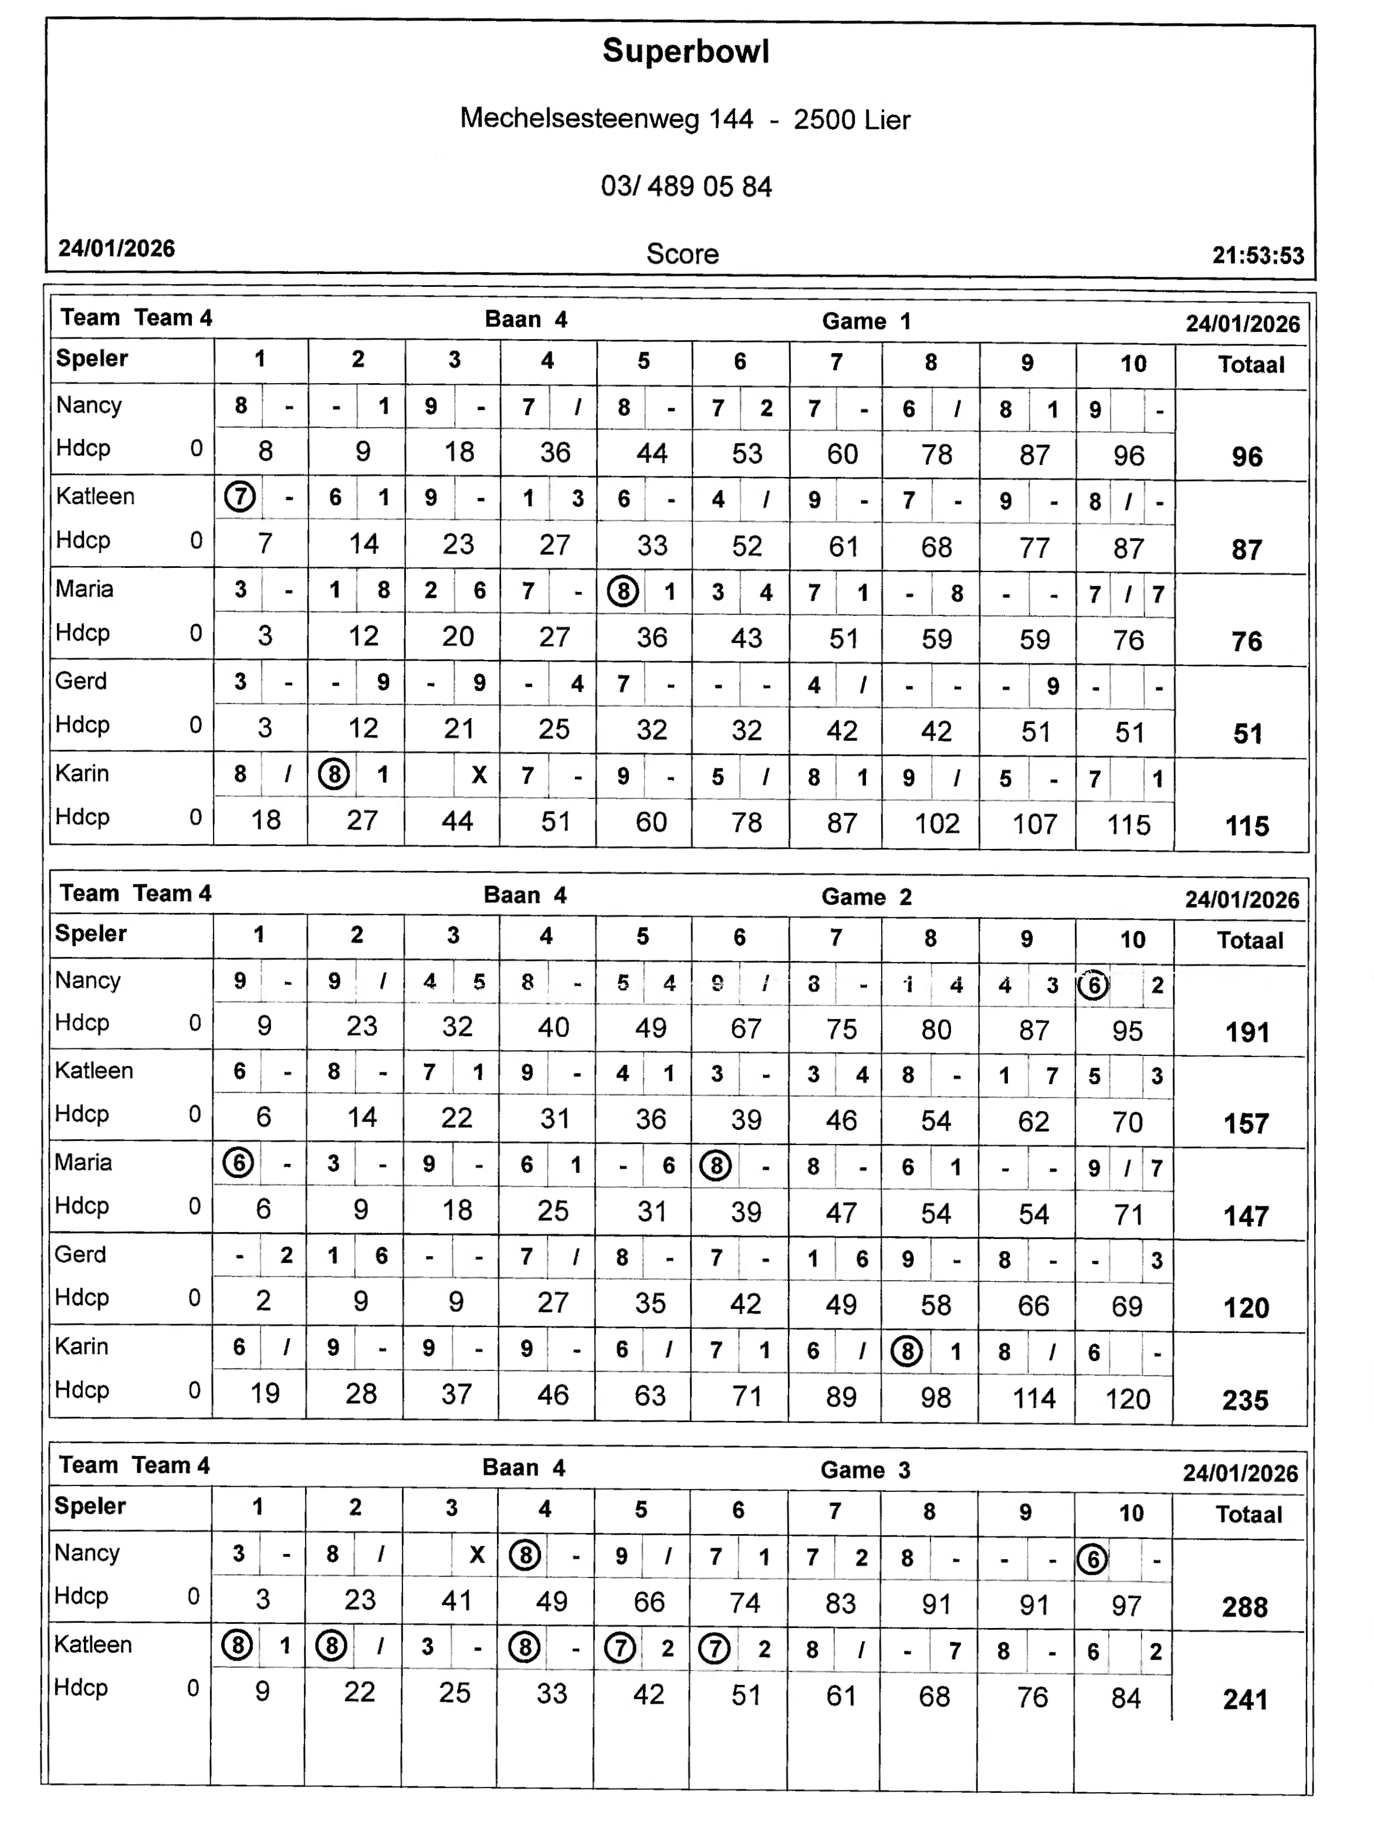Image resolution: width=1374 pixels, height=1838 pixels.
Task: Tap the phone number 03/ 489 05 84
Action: tap(686, 186)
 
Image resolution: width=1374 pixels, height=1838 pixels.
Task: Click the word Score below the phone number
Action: tap(682, 253)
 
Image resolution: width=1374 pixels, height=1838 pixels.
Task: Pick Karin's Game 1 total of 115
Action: tap(1246, 826)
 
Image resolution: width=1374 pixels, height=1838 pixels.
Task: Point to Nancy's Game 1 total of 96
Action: tap(1246, 456)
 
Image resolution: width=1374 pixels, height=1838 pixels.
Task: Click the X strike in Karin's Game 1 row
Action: tap(479, 775)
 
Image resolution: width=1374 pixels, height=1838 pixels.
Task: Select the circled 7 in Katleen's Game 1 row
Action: tap(240, 497)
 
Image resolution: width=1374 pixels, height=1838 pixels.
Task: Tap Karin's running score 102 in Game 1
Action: tap(936, 824)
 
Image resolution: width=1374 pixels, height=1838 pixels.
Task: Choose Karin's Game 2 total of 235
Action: tap(1244, 1400)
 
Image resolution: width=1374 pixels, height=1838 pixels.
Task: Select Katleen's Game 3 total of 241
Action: tap(1244, 1699)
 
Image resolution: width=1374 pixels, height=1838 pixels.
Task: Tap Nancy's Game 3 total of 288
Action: tap(1244, 1607)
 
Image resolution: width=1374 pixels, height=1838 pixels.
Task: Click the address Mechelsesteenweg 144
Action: tap(607, 119)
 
